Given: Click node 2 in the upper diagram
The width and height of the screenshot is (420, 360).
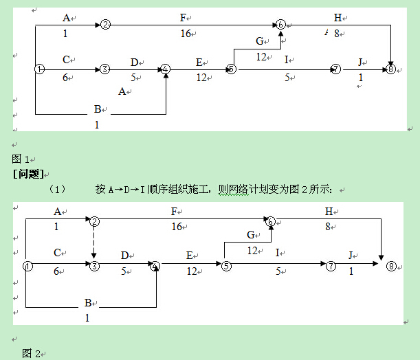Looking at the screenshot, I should click(105, 25).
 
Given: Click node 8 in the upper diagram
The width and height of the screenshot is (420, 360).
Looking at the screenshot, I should click(390, 69).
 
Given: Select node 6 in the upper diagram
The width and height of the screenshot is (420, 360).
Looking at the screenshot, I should click(280, 25).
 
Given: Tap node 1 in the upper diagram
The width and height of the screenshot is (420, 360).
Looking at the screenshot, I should click(39, 69).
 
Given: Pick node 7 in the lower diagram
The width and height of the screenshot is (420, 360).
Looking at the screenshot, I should click(331, 265).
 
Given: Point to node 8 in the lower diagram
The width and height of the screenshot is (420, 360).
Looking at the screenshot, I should click(392, 265).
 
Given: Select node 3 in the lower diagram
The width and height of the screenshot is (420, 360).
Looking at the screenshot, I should click(95, 265).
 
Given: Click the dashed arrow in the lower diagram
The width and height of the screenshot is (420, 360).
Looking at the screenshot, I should click(95, 240).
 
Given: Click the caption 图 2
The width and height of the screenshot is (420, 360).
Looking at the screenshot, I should click(31, 353).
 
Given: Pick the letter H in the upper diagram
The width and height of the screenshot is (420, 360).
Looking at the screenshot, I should click(338, 18).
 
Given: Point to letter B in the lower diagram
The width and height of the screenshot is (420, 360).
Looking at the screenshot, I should click(87, 302).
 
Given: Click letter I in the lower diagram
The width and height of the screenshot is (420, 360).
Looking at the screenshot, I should click(277, 253).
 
